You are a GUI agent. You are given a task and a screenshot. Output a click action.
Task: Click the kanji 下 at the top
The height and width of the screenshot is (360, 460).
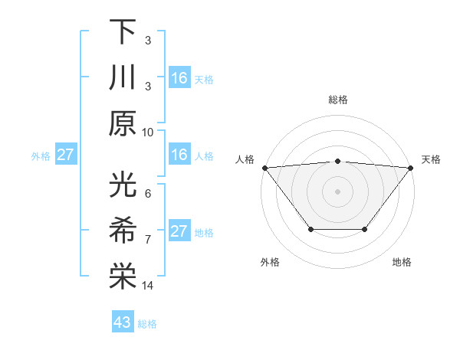point(123,32)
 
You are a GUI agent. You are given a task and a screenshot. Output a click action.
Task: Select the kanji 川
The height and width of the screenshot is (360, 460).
point(123,77)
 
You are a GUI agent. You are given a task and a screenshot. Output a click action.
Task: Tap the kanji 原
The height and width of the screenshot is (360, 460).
point(123,123)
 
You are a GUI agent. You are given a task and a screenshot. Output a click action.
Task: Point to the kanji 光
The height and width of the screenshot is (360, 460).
point(123,185)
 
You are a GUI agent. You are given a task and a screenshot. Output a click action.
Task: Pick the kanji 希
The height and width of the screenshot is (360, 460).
point(123,231)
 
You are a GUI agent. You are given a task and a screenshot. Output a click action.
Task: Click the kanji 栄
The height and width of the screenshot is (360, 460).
point(123,276)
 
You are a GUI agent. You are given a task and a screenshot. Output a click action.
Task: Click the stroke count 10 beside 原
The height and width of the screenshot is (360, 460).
point(148,132)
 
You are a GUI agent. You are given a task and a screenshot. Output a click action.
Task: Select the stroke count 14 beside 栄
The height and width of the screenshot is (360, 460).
point(148,286)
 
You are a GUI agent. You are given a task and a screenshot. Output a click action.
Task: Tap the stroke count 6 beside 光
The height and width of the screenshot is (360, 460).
point(147,195)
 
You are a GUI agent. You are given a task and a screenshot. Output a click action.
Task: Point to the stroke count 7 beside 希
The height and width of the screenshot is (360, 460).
point(147,240)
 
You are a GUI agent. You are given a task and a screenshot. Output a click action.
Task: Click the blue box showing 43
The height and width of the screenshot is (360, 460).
point(123,322)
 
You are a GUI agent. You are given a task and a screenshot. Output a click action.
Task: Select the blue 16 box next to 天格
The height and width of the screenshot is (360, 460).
point(179,78)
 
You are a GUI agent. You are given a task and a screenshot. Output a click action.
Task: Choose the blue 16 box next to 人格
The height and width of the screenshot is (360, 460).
point(179,155)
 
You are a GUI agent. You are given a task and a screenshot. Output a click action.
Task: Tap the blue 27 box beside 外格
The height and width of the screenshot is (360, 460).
point(66,155)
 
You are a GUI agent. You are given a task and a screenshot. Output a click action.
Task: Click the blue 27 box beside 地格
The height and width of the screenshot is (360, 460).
point(179,231)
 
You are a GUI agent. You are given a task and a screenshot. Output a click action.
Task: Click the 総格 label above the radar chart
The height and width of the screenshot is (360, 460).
point(338,100)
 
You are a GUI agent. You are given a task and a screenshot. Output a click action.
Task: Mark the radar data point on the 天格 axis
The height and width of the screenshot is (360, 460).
point(411,167)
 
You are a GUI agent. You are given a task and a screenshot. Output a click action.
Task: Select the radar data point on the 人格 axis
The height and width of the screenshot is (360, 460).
point(264,167)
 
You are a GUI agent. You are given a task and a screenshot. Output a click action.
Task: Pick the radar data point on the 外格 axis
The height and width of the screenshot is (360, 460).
point(310,229)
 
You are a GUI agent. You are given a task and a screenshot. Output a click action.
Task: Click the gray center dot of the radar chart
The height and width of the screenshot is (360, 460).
point(338,191)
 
